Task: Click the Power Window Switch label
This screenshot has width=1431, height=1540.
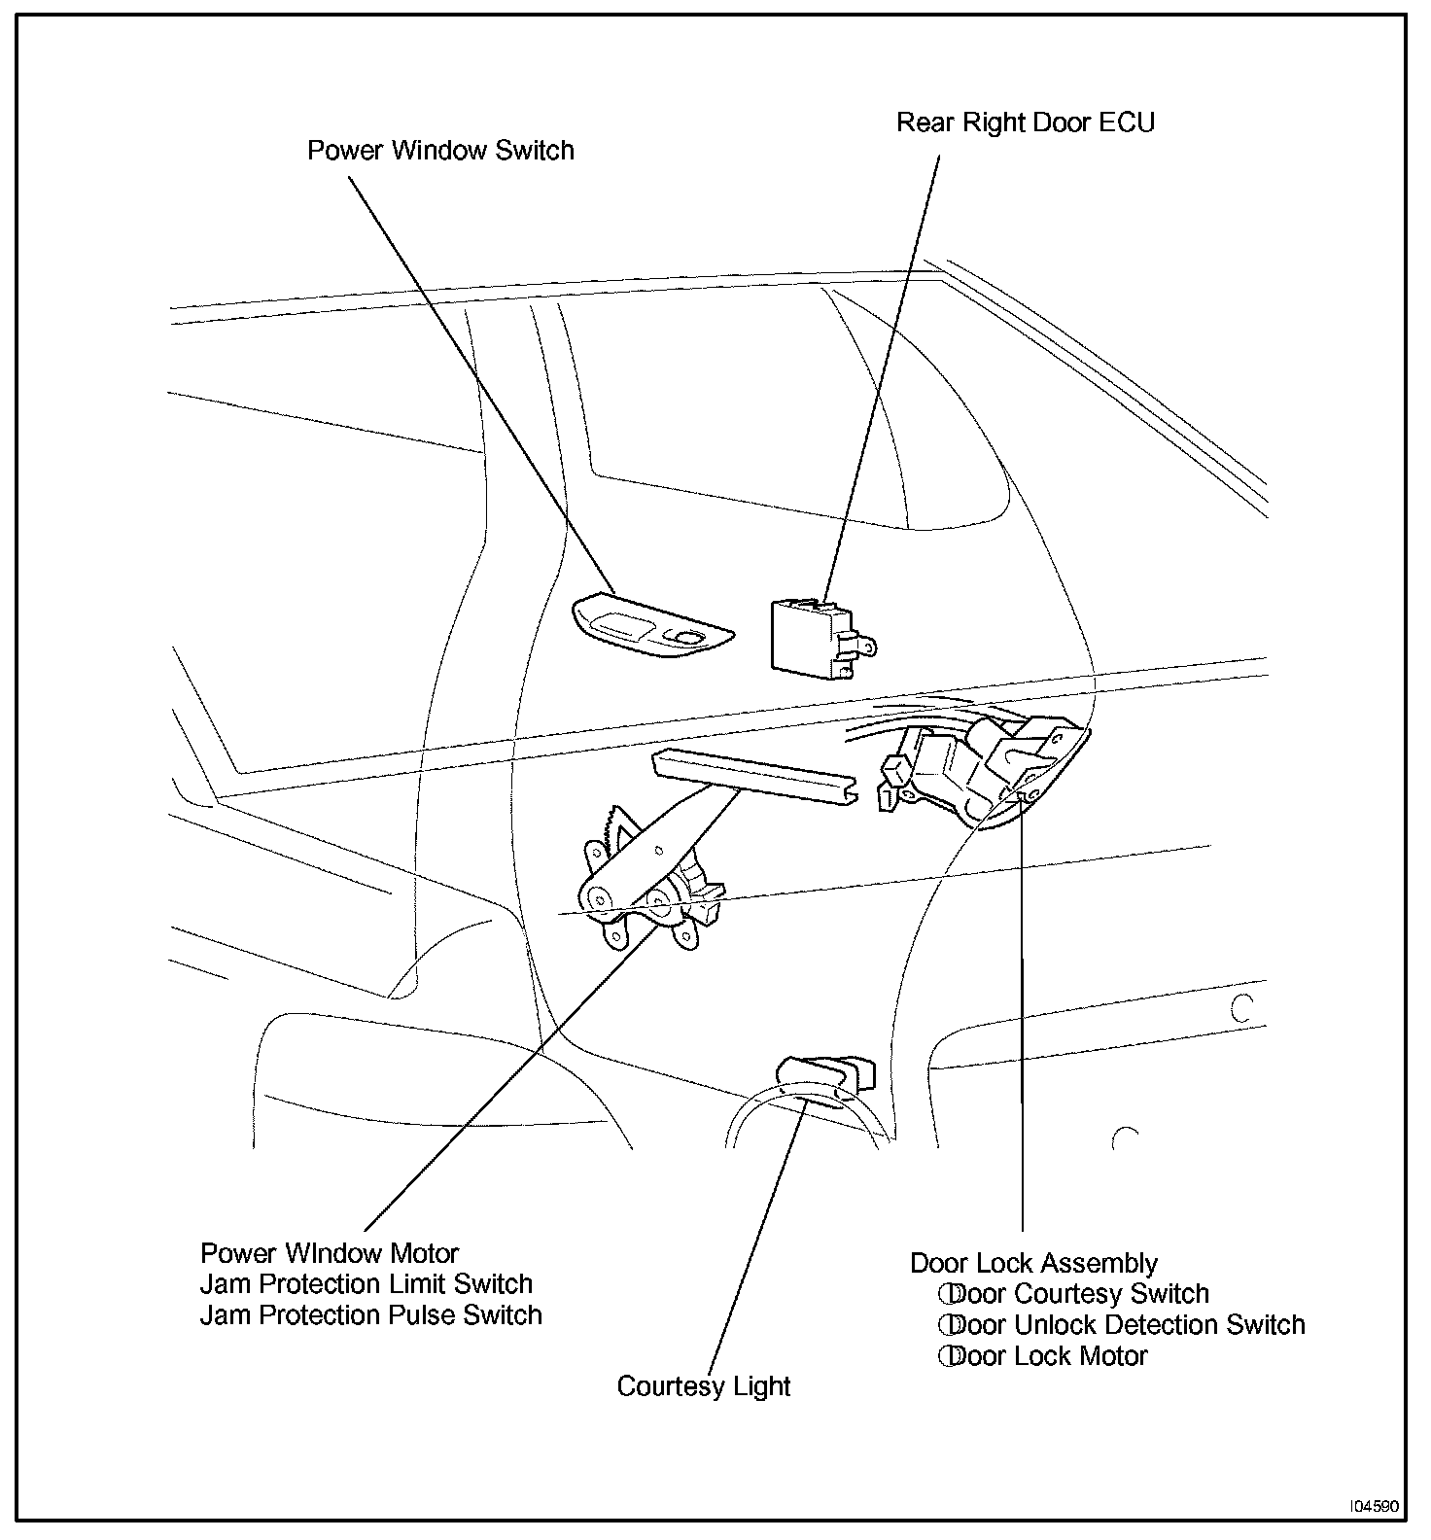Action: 440,151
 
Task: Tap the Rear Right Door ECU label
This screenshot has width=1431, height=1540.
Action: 1025,123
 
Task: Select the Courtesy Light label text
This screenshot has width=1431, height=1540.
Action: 703,1386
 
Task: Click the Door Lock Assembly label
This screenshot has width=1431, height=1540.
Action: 1033,1264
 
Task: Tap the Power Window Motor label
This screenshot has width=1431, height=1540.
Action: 329,1253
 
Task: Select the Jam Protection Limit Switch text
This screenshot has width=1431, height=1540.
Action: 366,1284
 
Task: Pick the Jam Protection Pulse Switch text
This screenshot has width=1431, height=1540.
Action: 370,1315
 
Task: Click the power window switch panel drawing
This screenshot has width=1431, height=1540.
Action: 650,627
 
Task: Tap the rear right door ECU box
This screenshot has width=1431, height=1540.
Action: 813,637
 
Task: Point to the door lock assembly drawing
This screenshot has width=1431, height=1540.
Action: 982,768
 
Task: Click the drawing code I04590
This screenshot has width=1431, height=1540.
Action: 1372,1506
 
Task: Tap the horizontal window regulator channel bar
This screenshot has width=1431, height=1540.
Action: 754,777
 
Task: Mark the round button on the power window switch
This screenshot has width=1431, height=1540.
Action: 688,637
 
